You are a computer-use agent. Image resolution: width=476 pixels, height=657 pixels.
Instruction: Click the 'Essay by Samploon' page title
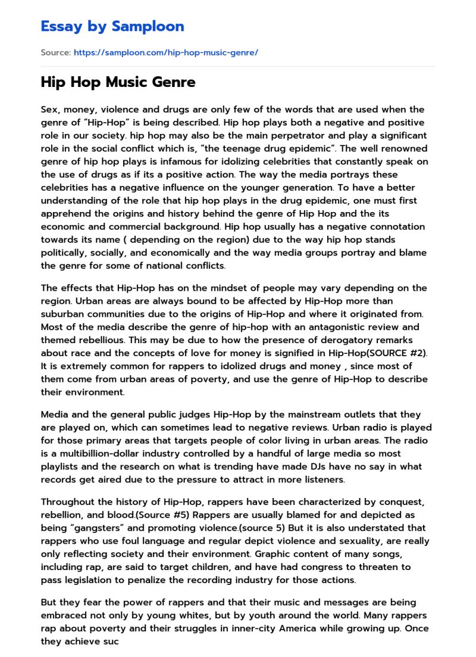(x=112, y=26)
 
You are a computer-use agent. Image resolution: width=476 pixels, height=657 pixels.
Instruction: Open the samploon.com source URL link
(x=165, y=52)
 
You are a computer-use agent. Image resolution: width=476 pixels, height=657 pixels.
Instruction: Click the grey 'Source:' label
(x=55, y=52)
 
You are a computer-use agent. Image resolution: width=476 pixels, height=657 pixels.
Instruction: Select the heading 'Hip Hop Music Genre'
(x=118, y=82)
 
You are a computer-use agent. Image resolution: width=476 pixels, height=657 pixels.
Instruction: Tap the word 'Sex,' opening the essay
(x=51, y=110)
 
